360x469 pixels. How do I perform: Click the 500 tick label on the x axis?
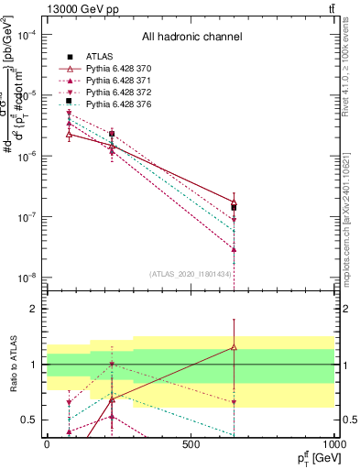click(x=191, y=446)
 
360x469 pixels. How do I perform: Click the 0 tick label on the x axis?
click(x=47, y=446)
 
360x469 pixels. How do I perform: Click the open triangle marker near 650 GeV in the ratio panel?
click(x=235, y=347)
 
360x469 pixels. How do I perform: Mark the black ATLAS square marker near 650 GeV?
click(x=235, y=207)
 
